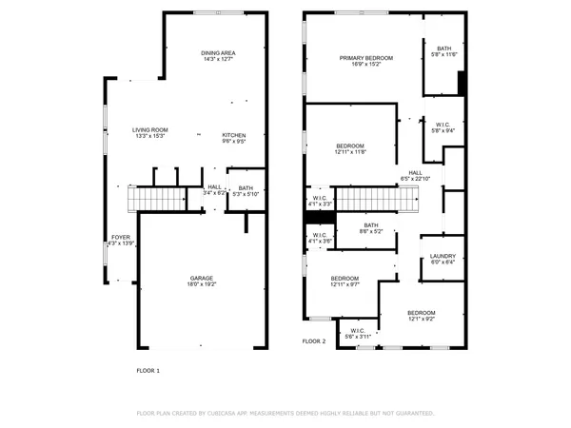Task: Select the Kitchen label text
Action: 234,137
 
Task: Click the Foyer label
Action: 120,239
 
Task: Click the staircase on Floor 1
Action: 160,199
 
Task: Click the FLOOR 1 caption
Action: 148,369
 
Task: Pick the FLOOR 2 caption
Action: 314,340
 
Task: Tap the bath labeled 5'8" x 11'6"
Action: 444,51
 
